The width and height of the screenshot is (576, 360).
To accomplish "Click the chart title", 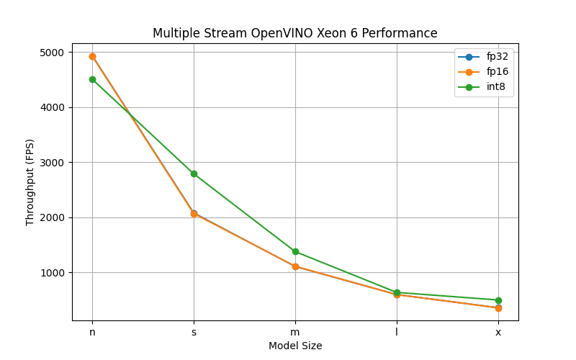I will [x=294, y=33].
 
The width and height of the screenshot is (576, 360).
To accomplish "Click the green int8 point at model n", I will [x=92, y=79].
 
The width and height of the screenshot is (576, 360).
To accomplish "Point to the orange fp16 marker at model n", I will [x=92, y=56].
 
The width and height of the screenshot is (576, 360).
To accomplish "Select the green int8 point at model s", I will [x=194, y=174].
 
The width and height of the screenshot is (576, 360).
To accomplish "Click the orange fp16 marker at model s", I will [x=194, y=213].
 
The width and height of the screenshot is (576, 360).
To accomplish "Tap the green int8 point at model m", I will [x=295, y=251].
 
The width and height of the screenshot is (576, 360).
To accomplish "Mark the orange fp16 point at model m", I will [x=295, y=266].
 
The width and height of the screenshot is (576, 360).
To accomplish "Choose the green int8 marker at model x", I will [x=498, y=300].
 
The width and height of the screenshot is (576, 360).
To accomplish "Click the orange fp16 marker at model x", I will [x=498, y=308].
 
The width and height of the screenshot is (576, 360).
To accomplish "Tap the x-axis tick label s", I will [x=194, y=332].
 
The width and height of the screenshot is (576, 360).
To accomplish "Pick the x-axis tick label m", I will [x=295, y=332].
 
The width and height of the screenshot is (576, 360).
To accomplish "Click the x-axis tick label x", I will [x=498, y=332].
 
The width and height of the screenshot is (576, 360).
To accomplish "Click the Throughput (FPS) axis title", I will [x=30, y=182].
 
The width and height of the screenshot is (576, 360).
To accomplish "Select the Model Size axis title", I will [x=295, y=346].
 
